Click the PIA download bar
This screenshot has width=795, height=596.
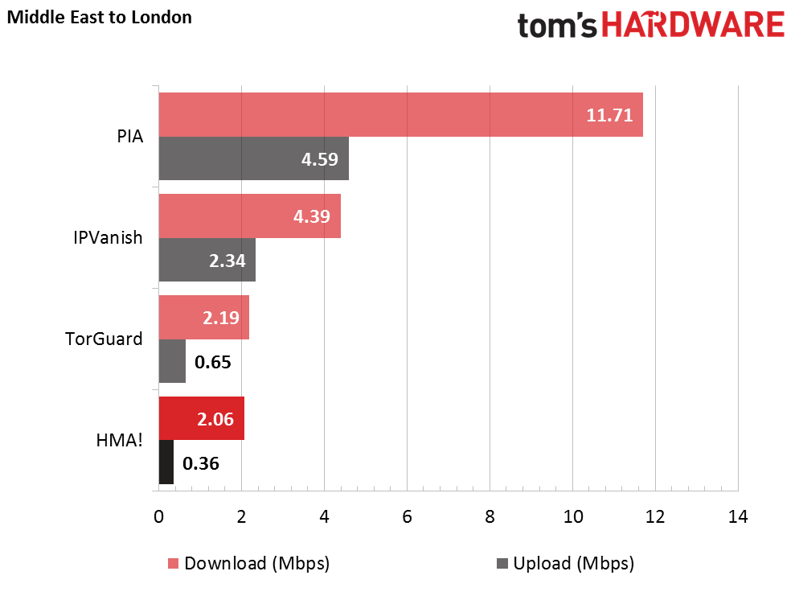point(400,115)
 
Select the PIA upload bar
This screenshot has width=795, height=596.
point(253,158)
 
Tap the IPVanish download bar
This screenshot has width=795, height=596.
point(249,216)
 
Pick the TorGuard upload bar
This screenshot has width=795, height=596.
point(172,361)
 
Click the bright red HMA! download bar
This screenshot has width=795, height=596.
point(201,418)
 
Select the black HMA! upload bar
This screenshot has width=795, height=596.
point(166,462)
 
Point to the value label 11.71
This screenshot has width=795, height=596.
point(609,115)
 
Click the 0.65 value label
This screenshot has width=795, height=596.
point(212,362)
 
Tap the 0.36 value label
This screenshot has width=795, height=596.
point(201,463)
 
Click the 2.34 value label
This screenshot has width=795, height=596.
point(227,261)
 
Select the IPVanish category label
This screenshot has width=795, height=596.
point(108,237)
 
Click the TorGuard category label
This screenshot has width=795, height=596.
point(104,339)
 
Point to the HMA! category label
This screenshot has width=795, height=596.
point(119,440)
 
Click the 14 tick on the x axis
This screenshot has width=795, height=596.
point(738,517)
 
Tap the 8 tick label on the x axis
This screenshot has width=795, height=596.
point(490,517)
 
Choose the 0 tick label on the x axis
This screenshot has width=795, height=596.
point(158,517)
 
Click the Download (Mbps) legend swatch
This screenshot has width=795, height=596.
point(174,564)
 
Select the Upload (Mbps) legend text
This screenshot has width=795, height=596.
point(573,564)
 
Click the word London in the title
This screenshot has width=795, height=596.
point(162,17)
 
